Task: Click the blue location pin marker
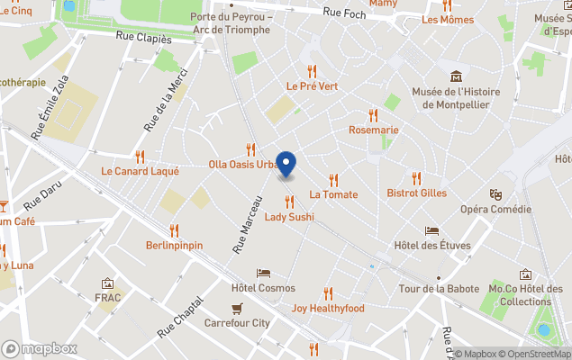(x=286, y=165)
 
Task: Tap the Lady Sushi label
(x=288, y=217)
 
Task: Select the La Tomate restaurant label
(x=333, y=194)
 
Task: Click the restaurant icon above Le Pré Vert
(x=312, y=70)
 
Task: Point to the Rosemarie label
(x=373, y=130)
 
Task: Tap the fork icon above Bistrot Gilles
(x=416, y=178)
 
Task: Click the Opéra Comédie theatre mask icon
(x=495, y=193)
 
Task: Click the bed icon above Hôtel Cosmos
(x=263, y=273)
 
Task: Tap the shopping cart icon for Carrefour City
(x=237, y=308)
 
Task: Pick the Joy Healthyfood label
(x=328, y=309)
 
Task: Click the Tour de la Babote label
(x=439, y=289)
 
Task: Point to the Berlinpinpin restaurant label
(x=174, y=245)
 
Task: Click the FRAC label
(x=108, y=298)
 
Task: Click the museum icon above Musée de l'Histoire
(x=456, y=76)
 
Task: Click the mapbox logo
(x=40, y=348)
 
